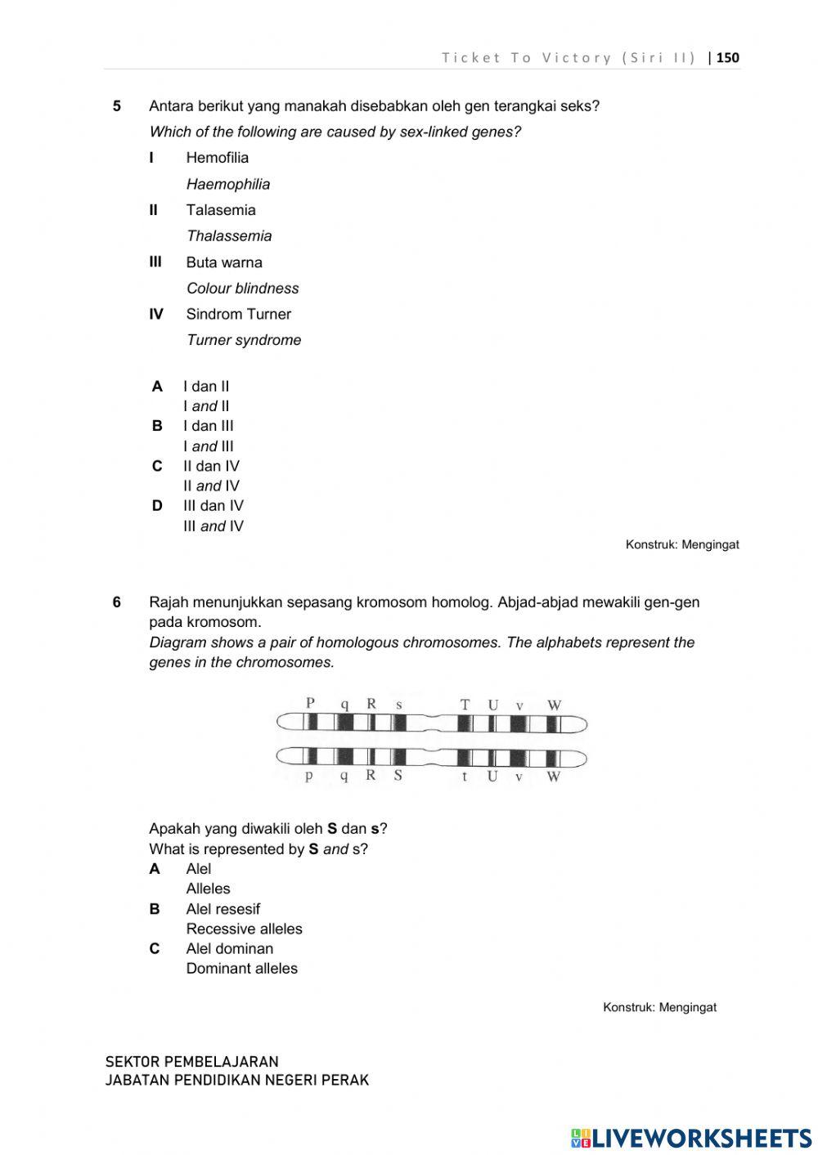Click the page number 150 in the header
(727, 57)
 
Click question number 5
(117, 105)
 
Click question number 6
(117, 602)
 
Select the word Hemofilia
(217, 158)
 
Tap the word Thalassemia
(229, 236)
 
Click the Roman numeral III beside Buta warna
(155, 262)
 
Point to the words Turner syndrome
(244, 340)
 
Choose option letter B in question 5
(157, 426)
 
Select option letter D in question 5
(157, 506)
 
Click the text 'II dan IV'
(211, 466)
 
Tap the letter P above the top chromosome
(310, 702)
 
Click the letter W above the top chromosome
(554, 705)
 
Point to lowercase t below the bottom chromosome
(465, 776)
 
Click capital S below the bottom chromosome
(398, 775)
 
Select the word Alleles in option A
(208, 889)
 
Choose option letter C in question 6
(155, 949)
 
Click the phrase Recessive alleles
(244, 929)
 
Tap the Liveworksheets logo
(691, 1138)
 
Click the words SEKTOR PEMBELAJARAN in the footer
(191, 1062)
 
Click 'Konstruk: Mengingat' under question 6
(659, 1007)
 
